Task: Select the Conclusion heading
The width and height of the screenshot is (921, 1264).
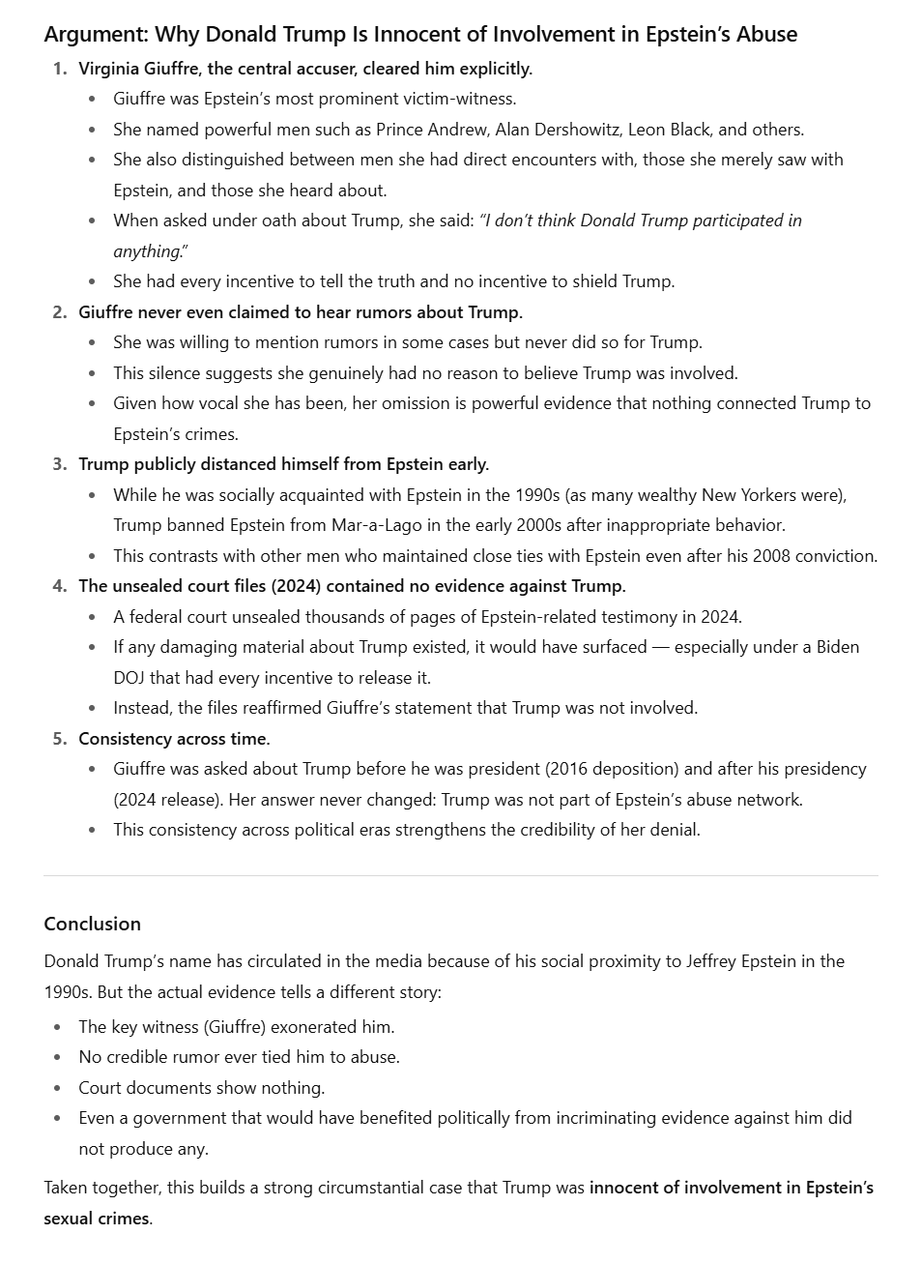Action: (92, 924)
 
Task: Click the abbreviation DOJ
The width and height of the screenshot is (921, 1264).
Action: (129, 678)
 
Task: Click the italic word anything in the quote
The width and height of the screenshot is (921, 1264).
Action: (146, 251)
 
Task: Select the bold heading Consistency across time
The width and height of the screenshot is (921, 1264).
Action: (174, 739)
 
